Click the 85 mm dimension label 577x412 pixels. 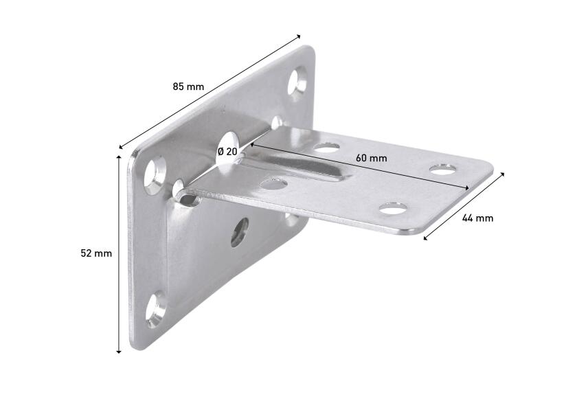pos(188,87)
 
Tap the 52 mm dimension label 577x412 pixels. pos(96,253)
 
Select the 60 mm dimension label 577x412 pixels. pos(371,158)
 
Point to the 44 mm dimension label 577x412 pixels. pos(477,218)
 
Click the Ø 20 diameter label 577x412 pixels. pos(227,151)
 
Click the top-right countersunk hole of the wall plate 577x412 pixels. pos(300,81)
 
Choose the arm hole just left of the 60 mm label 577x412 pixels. pos(328,146)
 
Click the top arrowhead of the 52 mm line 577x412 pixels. pos(119,157)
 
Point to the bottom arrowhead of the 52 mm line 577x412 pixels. pos(119,351)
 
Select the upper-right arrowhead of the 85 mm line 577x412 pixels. pos(299,36)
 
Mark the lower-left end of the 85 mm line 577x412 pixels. pos(121,148)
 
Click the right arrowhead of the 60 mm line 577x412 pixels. pos(468,188)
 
